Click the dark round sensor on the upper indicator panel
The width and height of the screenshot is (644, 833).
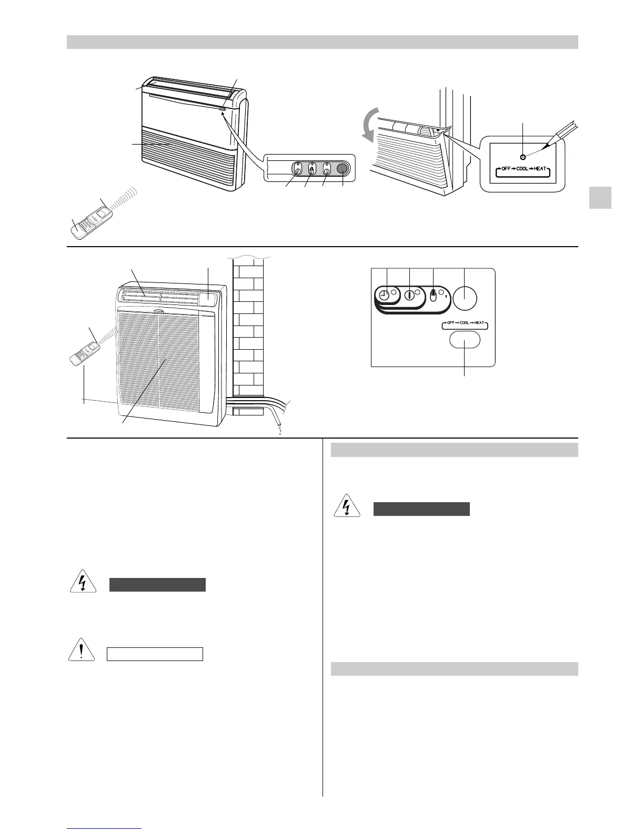coord(343,169)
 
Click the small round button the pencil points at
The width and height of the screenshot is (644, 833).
coord(522,157)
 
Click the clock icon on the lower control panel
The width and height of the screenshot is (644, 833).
coord(385,296)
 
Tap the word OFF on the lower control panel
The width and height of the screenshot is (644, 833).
coord(451,326)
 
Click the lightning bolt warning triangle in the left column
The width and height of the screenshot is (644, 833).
coord(82,583)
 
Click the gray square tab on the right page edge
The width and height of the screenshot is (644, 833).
coord(600,198)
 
